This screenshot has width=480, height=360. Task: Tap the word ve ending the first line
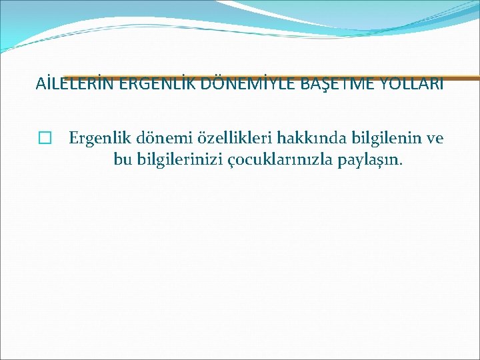tap(434, 138)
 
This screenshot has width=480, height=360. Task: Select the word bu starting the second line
tap(121, 160)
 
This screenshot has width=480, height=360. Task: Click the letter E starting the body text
tap(73, 138)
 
